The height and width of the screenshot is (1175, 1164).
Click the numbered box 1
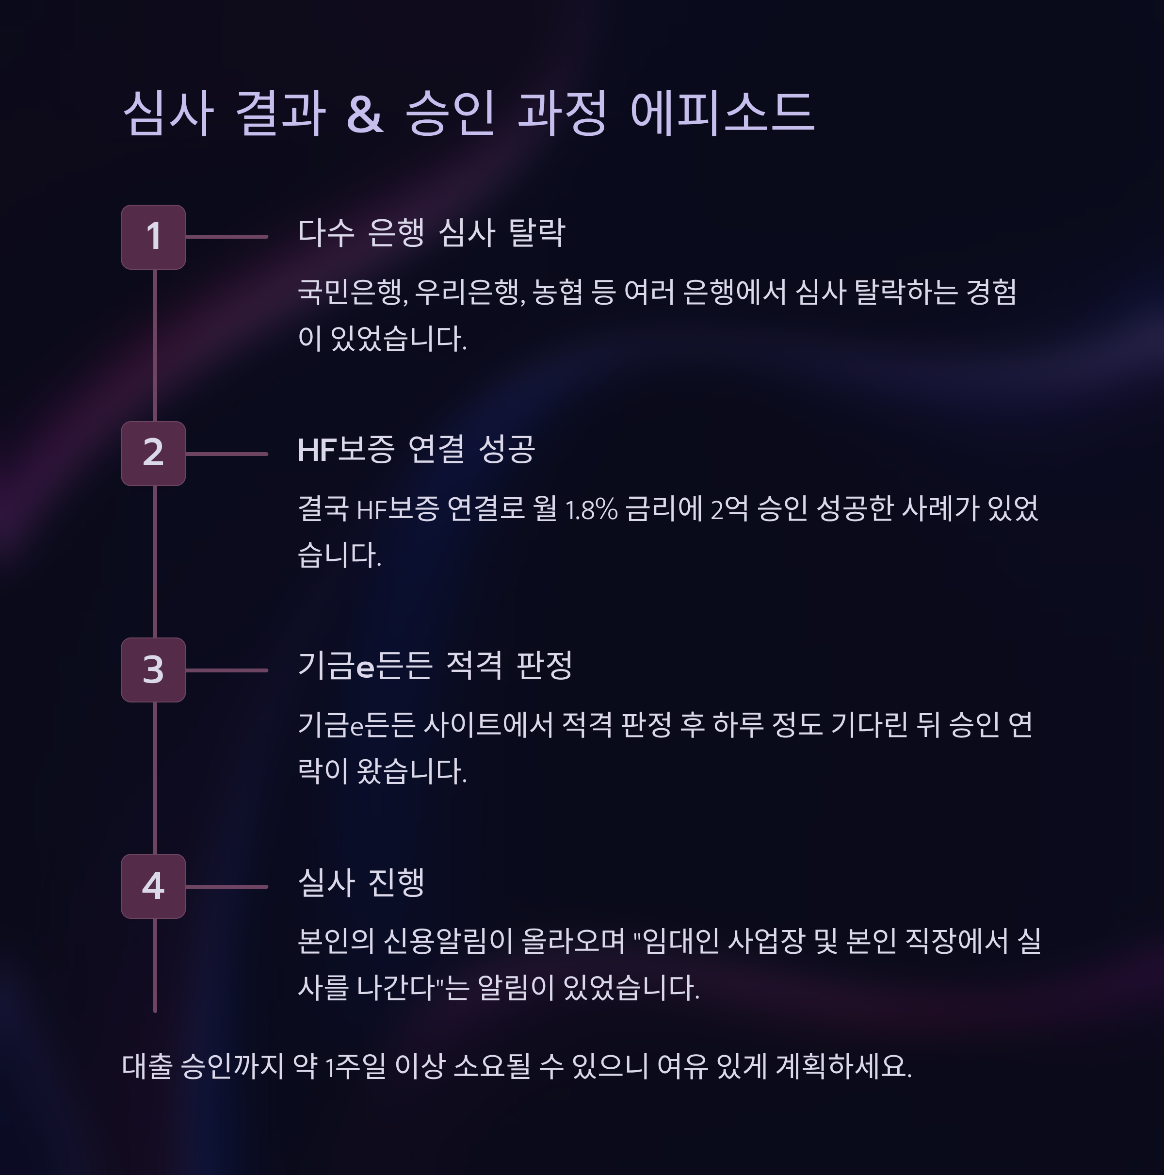(153, 237)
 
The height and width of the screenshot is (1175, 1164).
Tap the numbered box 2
(153, 453)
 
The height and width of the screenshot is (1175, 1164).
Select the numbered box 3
(153, 669)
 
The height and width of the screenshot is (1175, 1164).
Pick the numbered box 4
(153, 886)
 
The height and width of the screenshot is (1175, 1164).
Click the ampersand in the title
(364, 114)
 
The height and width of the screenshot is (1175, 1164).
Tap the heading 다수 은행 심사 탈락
(431, 233)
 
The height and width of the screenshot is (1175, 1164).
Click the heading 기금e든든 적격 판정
(435, 666)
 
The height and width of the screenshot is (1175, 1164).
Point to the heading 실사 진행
(361, 882)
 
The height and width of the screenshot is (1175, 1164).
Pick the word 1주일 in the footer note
(355, 1067)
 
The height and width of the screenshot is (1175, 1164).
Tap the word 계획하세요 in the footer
(843, 1067)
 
